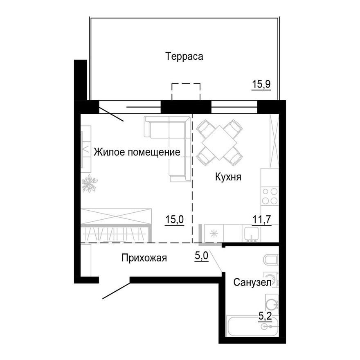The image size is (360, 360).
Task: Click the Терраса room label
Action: coord(184,56)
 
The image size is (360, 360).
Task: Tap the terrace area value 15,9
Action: coord(262,85)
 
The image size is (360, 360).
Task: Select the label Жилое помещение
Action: coord(137,153)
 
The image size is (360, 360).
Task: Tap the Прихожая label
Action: coord(144,258)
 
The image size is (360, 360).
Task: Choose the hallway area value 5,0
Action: coord(202,256)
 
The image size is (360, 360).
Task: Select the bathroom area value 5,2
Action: coord(266,315)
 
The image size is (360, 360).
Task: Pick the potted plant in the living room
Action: coord(88,183)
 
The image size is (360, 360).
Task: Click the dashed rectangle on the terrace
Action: coord(186,91)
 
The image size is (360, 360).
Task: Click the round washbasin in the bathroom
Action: coord(271,305)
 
